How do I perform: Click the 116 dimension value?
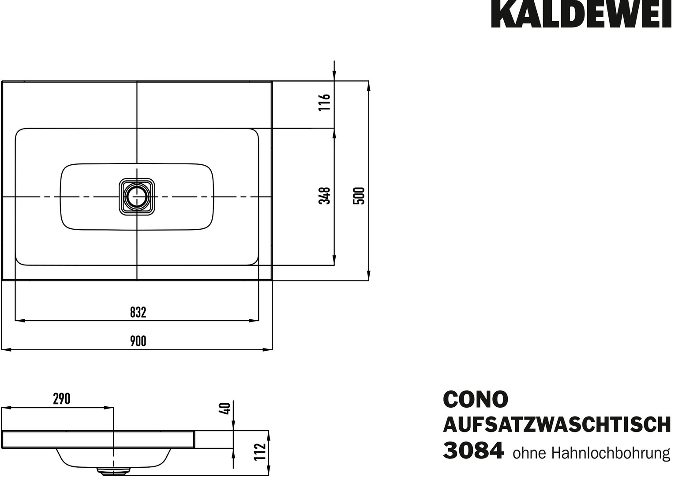point(325,102)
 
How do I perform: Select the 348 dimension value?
point(325,196)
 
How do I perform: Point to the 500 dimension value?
point(359,196)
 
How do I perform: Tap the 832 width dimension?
point(138,312)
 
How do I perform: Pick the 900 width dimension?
point(138,341)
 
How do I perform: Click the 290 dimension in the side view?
point(61,399)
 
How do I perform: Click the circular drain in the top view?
point(137,197)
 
